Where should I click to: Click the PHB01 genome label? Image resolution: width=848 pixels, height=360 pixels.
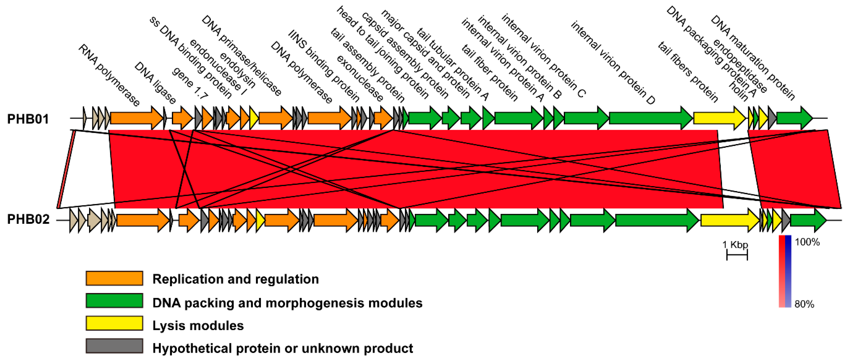(28, 119)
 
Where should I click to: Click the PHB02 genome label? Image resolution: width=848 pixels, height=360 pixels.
(28, 219)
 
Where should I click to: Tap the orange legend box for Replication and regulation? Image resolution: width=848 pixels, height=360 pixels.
(114, 278)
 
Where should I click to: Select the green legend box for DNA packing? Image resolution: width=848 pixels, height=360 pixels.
(114, 301)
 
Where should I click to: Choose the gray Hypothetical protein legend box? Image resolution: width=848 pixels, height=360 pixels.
(114, 346)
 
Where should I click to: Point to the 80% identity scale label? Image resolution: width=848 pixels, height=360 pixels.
(804, 304)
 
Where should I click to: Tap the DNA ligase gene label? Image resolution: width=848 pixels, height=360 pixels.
(155, 83)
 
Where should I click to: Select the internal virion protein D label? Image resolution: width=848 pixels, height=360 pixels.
(613, 62)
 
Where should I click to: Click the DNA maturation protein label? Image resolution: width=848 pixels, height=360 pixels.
(753, 58)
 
